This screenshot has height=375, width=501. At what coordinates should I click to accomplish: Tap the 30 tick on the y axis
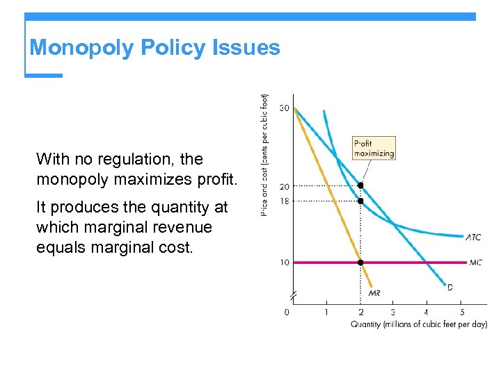pos(285,108)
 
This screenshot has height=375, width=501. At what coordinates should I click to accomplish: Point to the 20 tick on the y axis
pos(285,186)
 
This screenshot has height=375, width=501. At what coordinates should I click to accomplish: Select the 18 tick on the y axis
pos(285,201)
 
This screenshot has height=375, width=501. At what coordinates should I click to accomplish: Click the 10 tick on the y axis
pos(285,262)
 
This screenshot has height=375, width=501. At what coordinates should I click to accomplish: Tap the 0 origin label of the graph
pos(287,312)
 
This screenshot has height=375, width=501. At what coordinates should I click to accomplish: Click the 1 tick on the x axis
pos(326,312)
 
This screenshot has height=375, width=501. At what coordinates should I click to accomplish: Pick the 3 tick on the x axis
pos(392,312)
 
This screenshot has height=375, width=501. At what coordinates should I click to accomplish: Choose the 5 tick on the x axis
pos(461,312)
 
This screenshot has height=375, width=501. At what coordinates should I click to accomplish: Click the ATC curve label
pos(473,237)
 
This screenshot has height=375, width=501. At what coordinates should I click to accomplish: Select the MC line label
pos(475,262)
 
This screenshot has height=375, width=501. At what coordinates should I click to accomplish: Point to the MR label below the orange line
pos(374,293)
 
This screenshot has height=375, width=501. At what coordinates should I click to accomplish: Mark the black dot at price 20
pos(360,185)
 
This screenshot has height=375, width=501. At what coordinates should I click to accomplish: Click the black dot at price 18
pos(360,201)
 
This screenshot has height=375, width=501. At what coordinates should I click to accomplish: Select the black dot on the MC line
pos(360,262)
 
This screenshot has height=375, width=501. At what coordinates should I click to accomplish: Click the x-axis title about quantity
pos(418,324)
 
